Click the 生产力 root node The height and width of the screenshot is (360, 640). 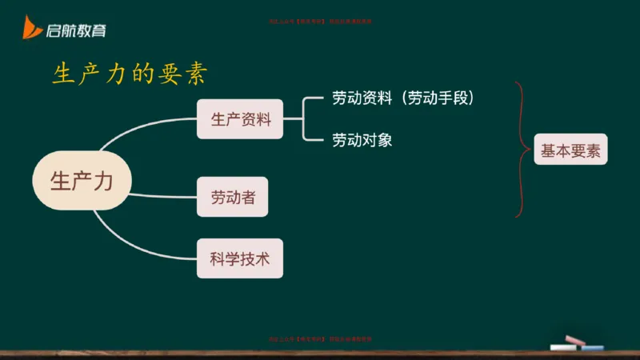point(82,182)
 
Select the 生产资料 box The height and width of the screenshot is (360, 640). point(240,120)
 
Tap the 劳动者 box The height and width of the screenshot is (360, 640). point(232,197)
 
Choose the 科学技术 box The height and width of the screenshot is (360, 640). point(240,258)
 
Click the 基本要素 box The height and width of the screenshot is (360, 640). point(570,150)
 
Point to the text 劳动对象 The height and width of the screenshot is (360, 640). point(362,140)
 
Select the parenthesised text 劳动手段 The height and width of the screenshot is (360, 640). point(439,98)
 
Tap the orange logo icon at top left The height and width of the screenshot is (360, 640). point(32,30)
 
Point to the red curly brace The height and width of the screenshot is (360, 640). point(521,150)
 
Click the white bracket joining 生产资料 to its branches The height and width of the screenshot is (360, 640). point(305,119)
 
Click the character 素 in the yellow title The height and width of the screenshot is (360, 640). point(196,74)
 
